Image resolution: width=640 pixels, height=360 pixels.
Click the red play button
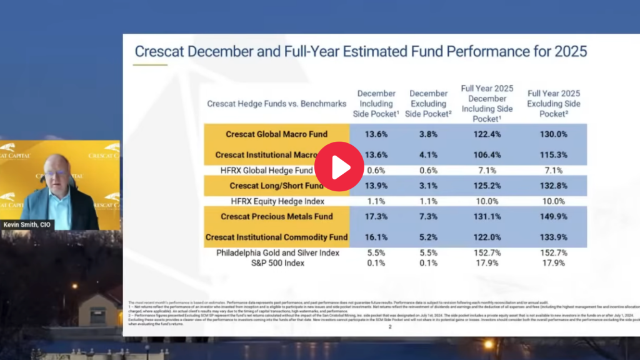pos(339,166)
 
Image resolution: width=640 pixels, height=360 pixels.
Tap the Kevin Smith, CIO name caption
pos(29,224)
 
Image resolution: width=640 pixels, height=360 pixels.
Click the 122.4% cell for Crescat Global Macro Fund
pos(487,134)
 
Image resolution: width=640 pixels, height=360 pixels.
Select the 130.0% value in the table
pos(554,134)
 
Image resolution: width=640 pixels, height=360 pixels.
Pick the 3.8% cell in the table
pos(429,134)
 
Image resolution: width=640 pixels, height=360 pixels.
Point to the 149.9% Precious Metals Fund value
pos(554,216)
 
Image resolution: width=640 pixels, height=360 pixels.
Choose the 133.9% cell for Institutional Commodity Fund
pos(554,237)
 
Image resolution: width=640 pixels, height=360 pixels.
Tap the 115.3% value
pos(554,154)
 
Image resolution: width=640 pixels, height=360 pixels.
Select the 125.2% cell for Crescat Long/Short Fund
pos(487,186)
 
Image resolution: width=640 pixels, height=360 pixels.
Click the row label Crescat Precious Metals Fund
pos(277,216)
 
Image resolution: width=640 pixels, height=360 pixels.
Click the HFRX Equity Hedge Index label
pos(277,201)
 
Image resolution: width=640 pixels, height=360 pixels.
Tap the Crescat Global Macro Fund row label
pos(277,134)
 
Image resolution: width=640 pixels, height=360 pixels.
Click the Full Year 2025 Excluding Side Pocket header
pos(554,104)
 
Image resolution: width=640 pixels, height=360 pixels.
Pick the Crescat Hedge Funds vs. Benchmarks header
pos(277,104)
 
